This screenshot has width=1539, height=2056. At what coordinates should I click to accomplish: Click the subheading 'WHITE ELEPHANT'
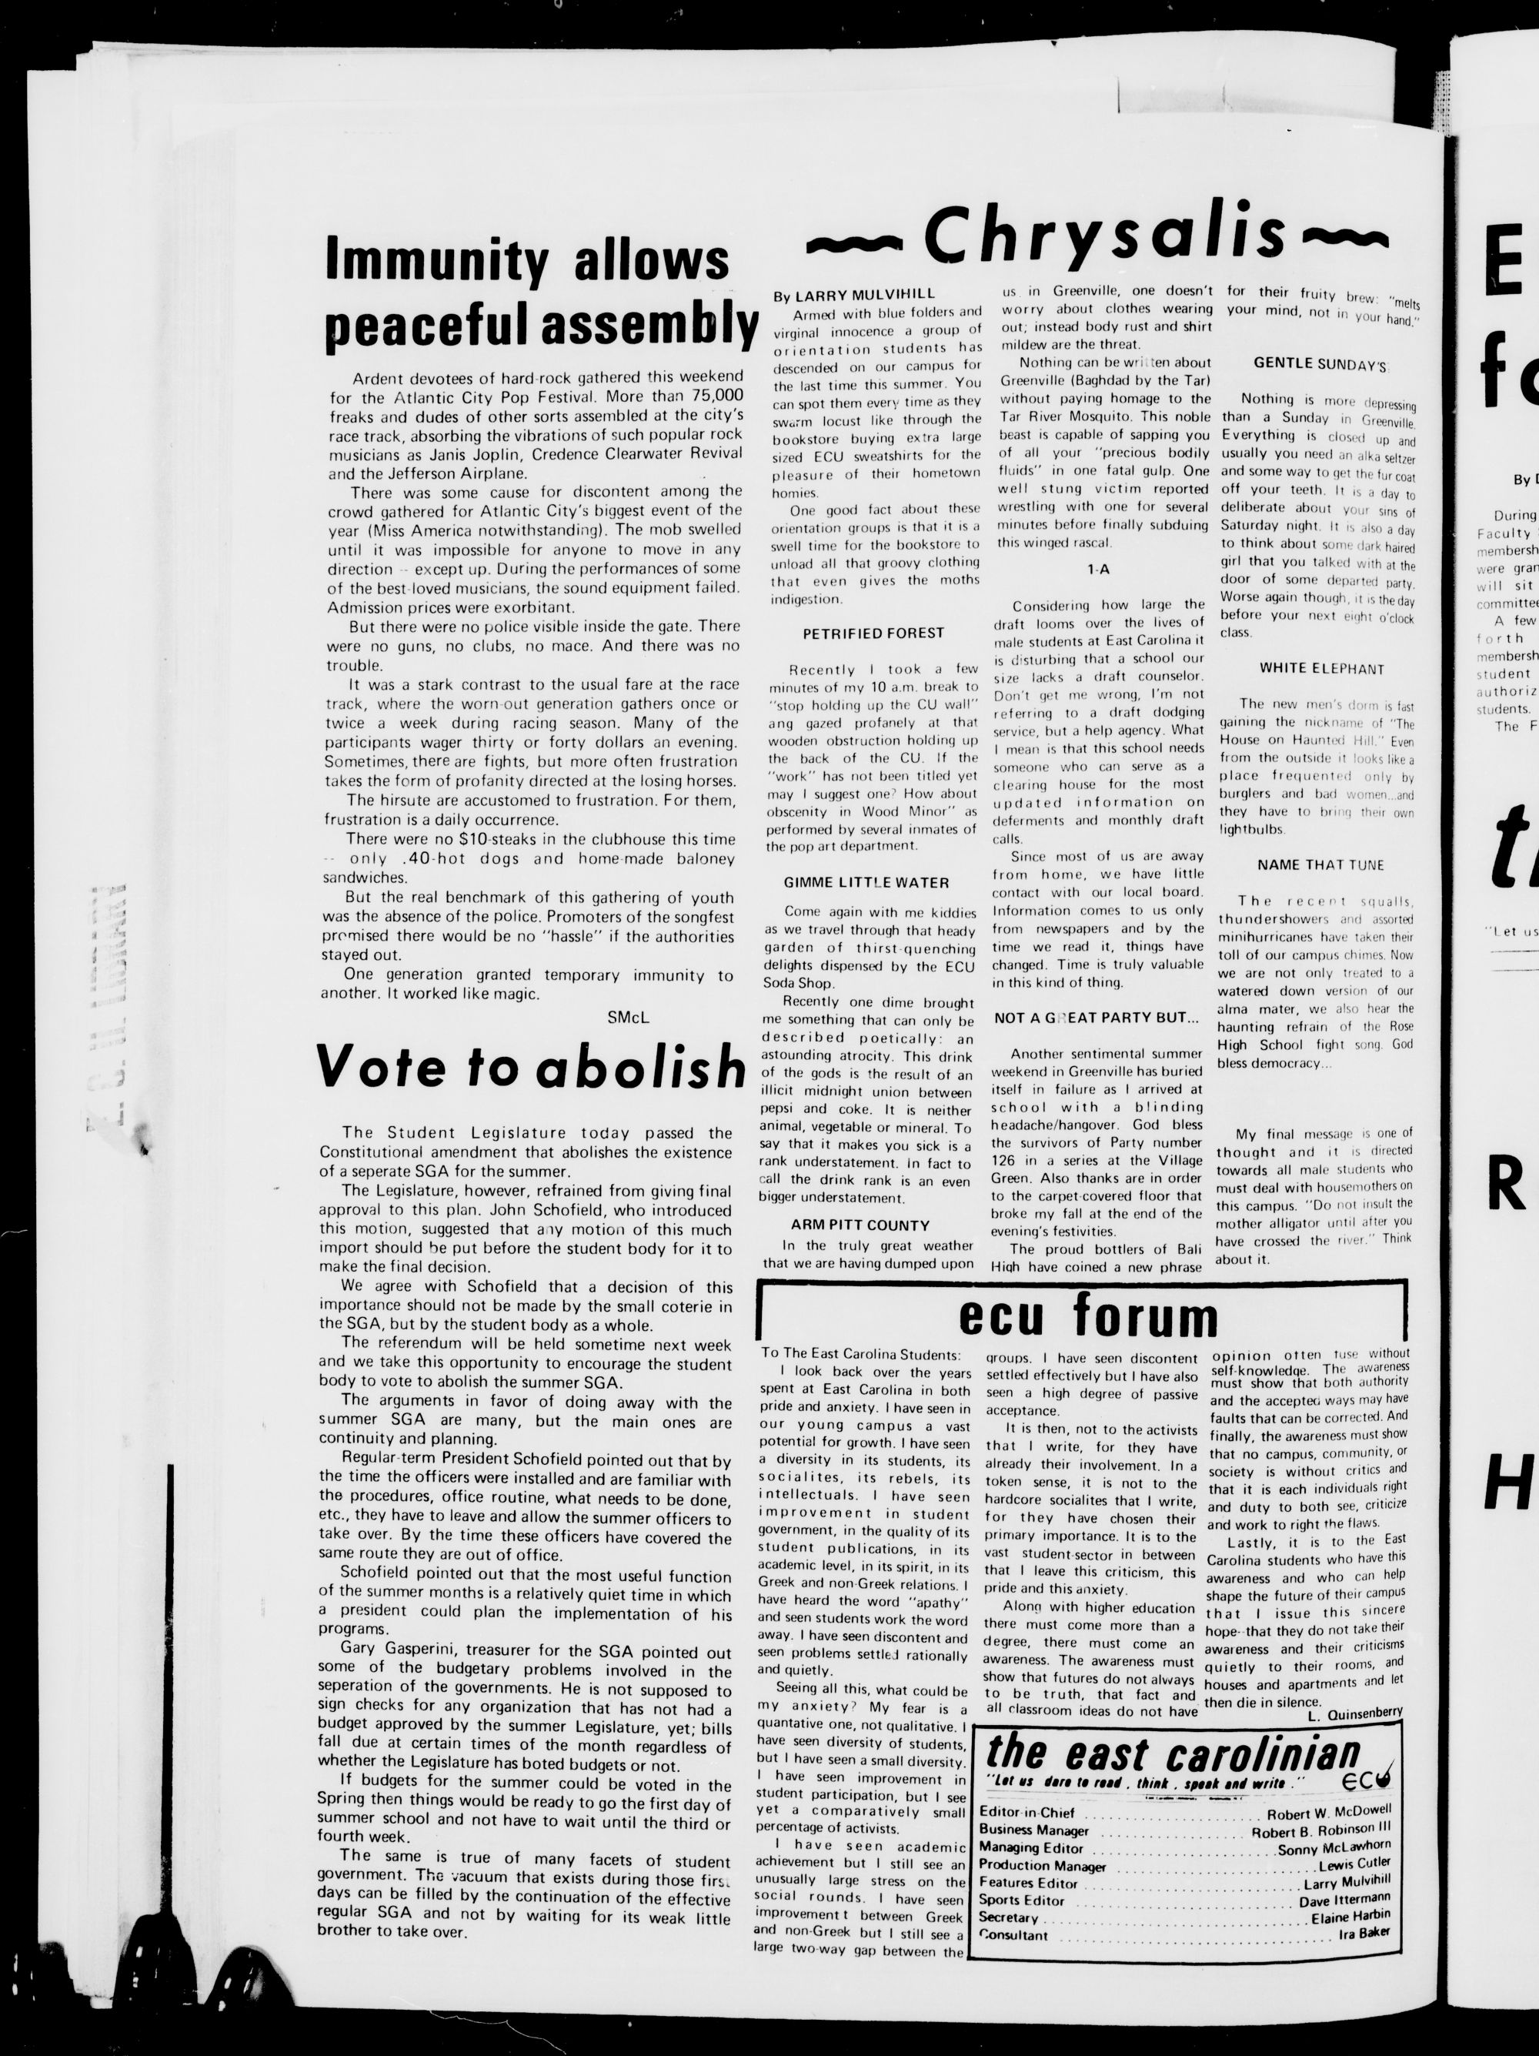click(1321, 668)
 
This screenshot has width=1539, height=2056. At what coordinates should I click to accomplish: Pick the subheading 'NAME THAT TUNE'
click(1320, 864)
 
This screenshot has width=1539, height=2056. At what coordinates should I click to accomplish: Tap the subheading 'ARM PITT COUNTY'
click(860, 1225)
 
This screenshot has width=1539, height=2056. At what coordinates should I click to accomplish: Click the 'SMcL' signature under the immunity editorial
click(627, 1017)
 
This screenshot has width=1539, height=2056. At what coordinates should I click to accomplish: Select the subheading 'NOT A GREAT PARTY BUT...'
click(1097, 1018)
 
